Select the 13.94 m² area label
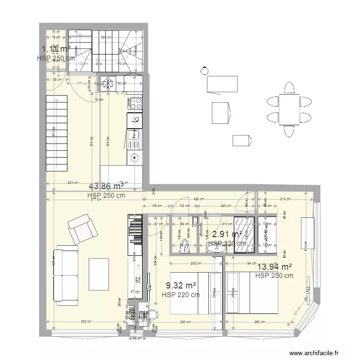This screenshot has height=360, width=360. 275,267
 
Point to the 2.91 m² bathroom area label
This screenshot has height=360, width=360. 227,234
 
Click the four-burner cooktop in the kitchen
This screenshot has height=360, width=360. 135,102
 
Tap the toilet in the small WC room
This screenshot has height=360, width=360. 185,247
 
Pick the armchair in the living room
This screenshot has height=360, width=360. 82,229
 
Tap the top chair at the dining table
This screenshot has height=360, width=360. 289,88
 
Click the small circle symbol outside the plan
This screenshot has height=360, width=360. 204,71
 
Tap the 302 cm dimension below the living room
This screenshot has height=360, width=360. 86,322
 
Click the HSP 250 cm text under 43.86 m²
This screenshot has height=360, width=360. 106,196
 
